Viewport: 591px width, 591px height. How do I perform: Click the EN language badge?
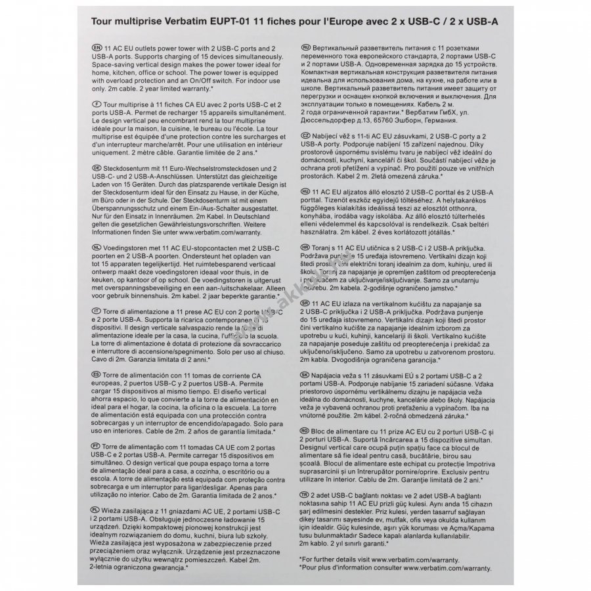(97, 49)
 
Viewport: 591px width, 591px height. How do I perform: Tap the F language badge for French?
(97, 104)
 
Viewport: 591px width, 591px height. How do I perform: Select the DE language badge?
(97, 167)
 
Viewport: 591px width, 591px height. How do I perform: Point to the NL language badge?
(97, 241)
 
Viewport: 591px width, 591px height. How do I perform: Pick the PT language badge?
(97, 446)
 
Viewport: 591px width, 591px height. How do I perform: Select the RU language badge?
(305, 49)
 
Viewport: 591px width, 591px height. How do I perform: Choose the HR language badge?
(305, 246)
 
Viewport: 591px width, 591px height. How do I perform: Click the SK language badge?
(305, 372)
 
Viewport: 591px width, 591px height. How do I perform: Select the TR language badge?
(305, 492)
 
